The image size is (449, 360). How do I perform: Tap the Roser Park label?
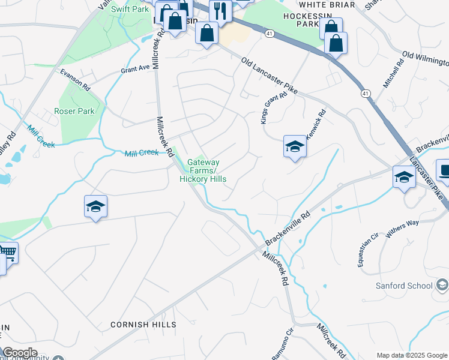tap(74, 111)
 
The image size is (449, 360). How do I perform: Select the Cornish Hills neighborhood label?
tap(143, 325)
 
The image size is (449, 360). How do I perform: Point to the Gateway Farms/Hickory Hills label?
tap(203, 170)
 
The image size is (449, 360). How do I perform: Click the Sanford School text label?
tap(404, 286)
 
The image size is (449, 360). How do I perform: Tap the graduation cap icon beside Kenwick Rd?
tap(295, 146)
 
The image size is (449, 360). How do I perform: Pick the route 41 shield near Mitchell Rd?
tap(365, 93)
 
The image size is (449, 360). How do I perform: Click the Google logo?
tap(19, 353)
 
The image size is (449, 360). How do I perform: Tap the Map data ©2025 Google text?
tap(411, 355)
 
